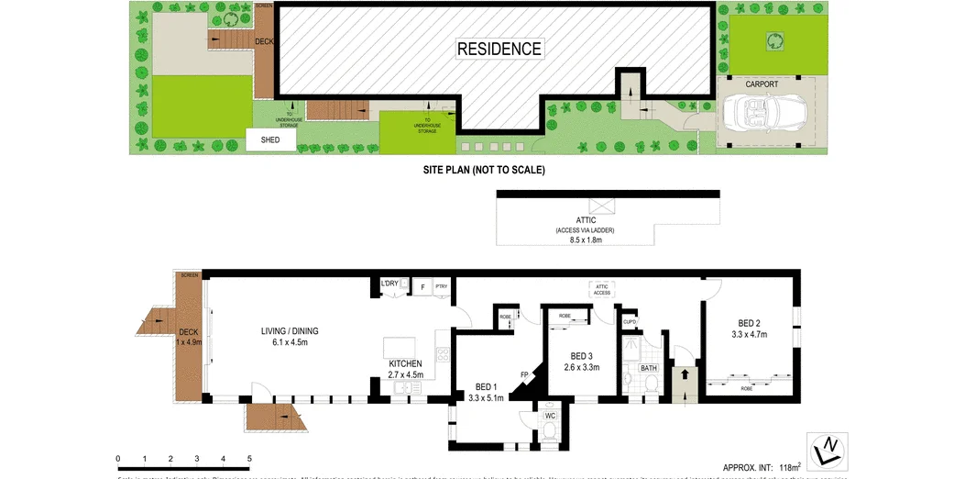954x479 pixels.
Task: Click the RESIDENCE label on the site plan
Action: click(499, 49)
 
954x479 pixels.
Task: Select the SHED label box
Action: click(270, 140)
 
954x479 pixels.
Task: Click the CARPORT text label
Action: click(762, 84)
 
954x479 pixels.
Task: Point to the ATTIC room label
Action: click(587, 220)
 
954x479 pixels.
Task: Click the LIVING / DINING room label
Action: click(290, 331)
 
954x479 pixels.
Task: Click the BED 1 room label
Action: click(487, 387)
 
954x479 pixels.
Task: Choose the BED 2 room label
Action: click(749, 323)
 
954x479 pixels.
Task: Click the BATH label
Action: click(649, 368)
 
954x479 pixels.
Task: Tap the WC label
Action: click(551, 416)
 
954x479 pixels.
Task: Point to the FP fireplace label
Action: click(524, 374)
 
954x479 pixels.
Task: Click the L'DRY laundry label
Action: click(389, 284)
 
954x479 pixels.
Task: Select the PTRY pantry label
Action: click(441, 286)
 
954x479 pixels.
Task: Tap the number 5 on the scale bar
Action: click(249, 458)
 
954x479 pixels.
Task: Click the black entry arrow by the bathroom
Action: click(683, 375)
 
